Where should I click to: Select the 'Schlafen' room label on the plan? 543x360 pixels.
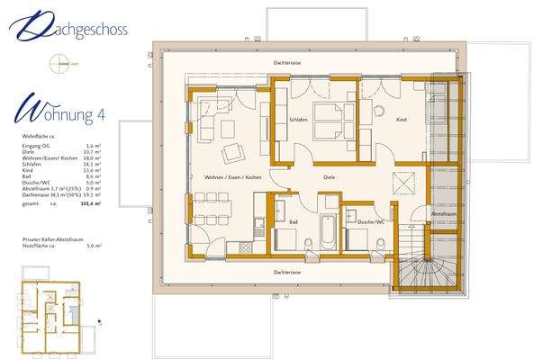(299, 119)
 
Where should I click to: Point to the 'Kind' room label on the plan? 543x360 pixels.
(401, 119)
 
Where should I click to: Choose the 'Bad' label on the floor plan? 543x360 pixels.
(293, 220)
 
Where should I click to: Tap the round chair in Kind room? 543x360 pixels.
(379, 112)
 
